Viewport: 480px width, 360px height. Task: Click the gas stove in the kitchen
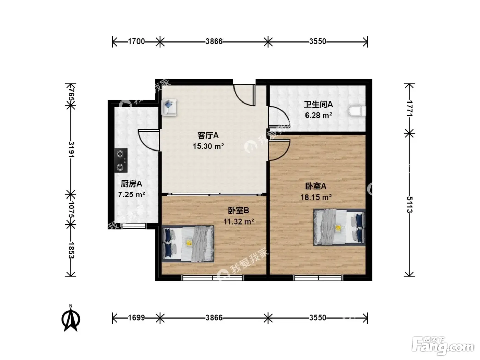121,161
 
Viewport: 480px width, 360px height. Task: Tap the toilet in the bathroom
357,111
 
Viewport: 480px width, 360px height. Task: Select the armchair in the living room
169,107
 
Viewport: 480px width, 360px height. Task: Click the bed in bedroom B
188,243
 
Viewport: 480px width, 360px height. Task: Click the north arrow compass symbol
71,319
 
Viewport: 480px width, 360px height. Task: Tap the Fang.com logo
443,347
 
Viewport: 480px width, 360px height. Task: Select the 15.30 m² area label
208,146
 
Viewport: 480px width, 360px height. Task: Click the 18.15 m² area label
316,197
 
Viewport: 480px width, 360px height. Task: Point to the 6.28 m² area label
319,115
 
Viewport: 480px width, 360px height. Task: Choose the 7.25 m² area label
131,194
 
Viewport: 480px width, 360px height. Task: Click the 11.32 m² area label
239,221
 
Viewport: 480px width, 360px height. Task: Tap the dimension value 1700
136,41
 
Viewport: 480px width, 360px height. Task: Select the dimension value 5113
409,205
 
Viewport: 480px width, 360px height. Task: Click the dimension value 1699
136,317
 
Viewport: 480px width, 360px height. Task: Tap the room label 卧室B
238,211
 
